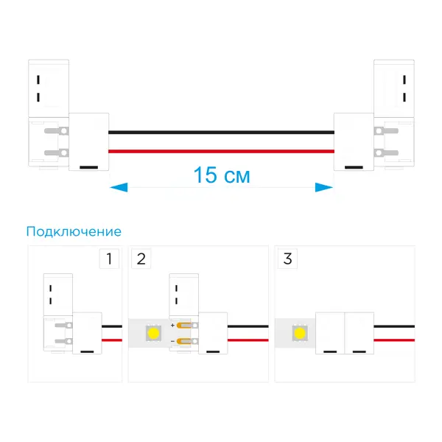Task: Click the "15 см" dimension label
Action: (222, 175)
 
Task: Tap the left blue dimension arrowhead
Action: (119, 187)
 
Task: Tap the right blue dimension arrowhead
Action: (324, 187)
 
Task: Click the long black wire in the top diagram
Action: (221, 132)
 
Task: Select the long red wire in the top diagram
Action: (221, 151)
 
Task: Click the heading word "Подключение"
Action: (74, 232)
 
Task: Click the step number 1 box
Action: (109, 259)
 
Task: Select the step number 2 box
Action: (141, 259)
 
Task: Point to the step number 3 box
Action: (287, 259)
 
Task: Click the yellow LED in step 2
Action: (153, 333)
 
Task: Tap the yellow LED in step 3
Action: (300, 333)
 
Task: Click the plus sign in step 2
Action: (172, 326)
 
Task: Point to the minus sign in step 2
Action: (172, 341)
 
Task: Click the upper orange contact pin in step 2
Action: (184, 326)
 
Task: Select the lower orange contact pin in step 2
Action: (184, 342)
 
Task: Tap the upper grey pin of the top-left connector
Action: (57, 131)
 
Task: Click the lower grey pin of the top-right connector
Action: (386, 152)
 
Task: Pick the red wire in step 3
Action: (394, 340)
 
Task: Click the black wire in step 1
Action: (112, 326)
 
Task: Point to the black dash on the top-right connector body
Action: (354, 167)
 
